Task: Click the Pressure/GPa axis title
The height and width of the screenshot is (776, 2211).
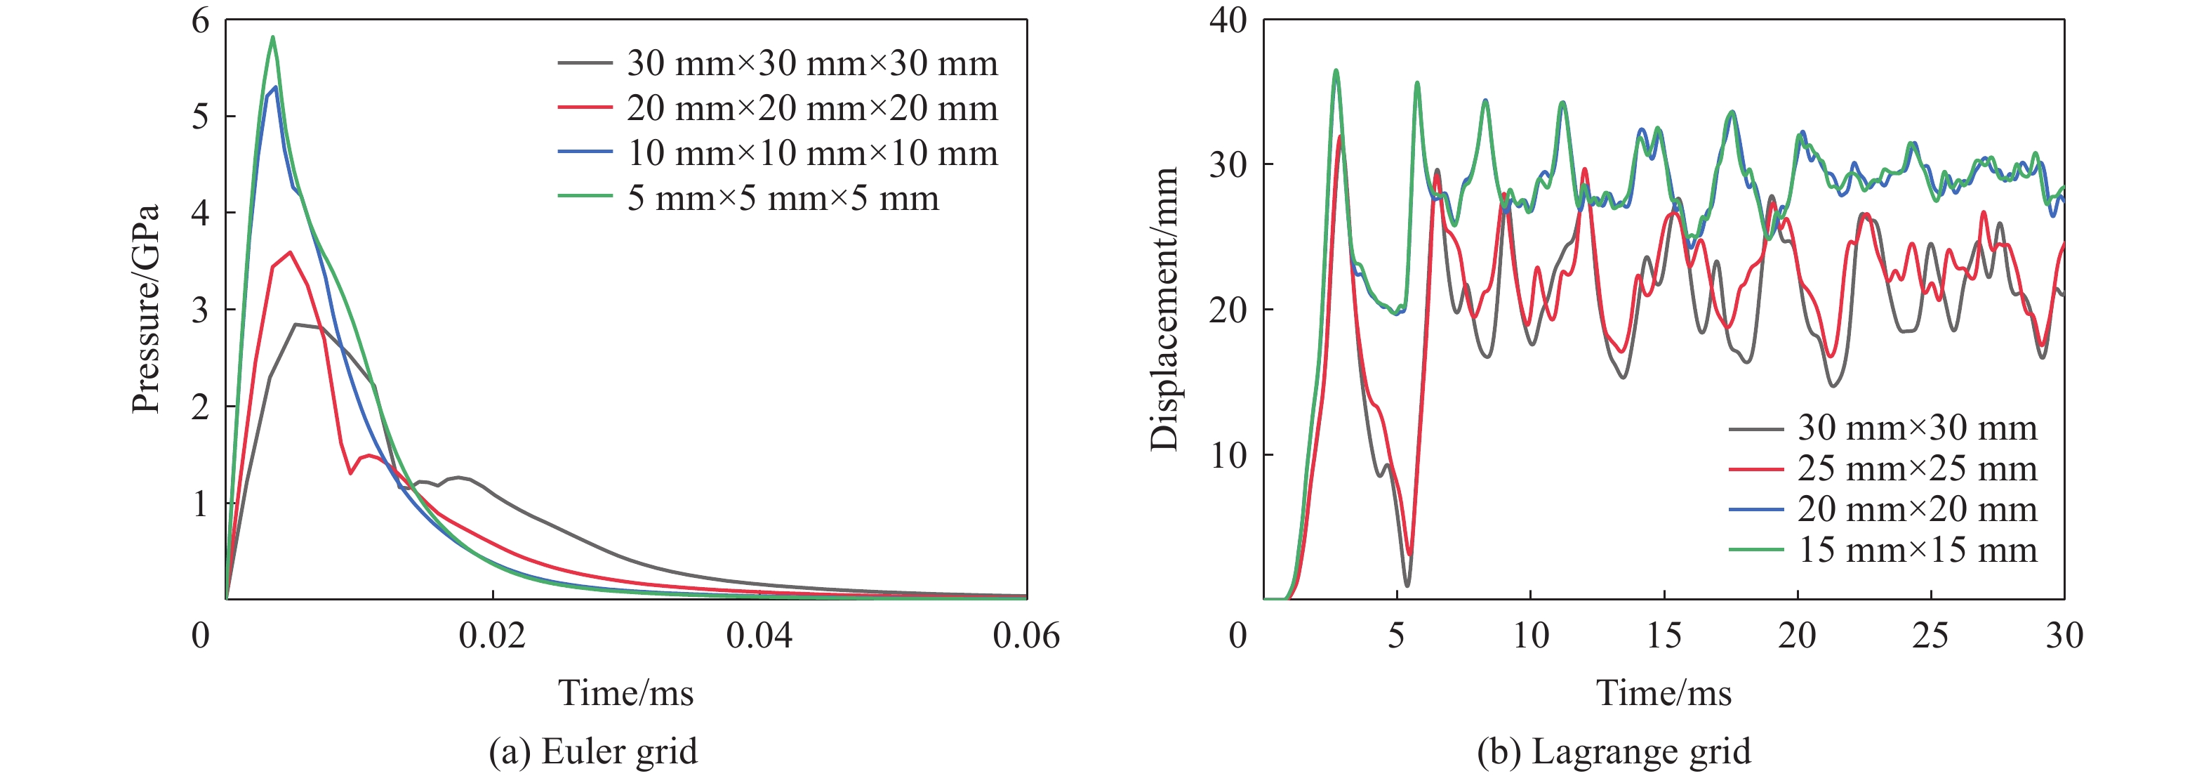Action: point(146,309)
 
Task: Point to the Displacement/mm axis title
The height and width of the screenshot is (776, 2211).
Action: point(1164,309)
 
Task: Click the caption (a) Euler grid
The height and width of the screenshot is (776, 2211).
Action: point(593,752)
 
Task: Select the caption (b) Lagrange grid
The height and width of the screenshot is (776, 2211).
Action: point(1614,752)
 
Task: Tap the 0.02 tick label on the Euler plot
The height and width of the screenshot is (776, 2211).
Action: point(492,636)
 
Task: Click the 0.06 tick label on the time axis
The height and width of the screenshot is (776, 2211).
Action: point(1025,636)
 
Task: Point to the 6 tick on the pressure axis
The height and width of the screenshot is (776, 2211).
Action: point(200,20)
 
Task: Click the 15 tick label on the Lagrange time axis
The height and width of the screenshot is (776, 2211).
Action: point(1664,636)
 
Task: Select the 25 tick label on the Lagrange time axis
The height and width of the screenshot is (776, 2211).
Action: point(1930,636)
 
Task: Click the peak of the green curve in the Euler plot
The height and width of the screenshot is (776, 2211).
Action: point(273,37)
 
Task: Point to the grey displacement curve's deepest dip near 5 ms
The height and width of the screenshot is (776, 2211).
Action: point(1407,586)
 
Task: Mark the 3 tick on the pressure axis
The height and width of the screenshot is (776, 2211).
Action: point(200,310)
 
